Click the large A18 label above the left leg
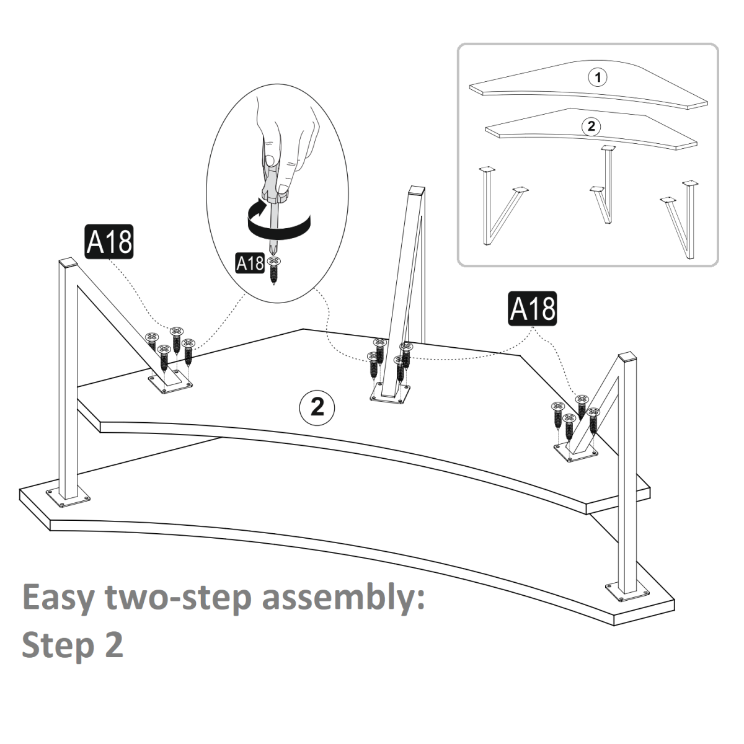pyautogui.click(x=109, y=242)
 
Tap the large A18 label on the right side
pyautogui.click(x=533, y=309)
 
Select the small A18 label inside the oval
pyautogui.click(x=250, y=263)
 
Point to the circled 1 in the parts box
pyautogui.click(x=598, y=77)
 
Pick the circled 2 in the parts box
pyautogui.click(x=591, y=126)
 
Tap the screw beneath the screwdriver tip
pyautogui.click(x=274, y=271)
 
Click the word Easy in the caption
pyautogui.click(x=58, y=597)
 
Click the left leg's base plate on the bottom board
pyautogui.click(x=68, y=497)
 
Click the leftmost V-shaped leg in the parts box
pyautogui.click(x=501, y=206)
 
